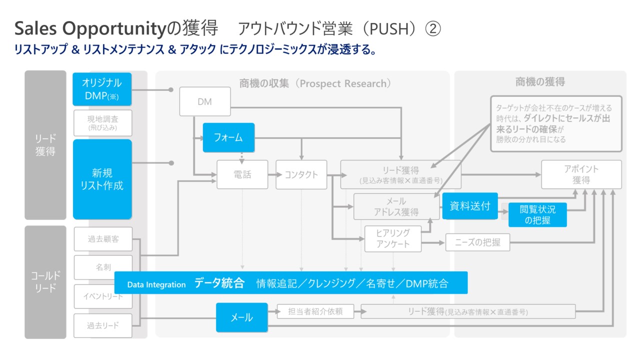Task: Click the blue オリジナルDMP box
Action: pyautogui.click(x=101, y=89)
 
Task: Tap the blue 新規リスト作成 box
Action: pyautogui.click(x=101, y=179)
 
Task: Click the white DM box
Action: pyautogui.click(x=204, y=101)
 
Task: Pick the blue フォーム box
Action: pyautogui.click(x=228, y=137)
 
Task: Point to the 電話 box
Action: pyautogui.click(x=242, y=174)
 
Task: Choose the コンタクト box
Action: pyautogui.click(x=301, y=174)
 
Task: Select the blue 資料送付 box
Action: pyautogui.click(x=469, y=205)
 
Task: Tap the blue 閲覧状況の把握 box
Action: pyautogui.click(x=537, y=215)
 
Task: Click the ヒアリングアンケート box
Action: pyautogui.click(x=392, y=238)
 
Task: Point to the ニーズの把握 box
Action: pyautogui.click(x=477, y=242)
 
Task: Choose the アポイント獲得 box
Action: pyautogui.click(x=581, y=174)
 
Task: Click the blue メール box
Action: pyautogui.click(x=241, y=317)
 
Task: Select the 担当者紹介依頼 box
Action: pyautogui.click(x=315, y=311)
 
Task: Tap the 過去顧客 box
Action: pyautogui.click(x=103, y=239)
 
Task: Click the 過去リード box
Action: pyautogui.click(x=103, y=325)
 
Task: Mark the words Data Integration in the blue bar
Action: pyautogui.click(x=156, y=284)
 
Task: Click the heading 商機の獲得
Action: pyautogui.click(x=540, y=82)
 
